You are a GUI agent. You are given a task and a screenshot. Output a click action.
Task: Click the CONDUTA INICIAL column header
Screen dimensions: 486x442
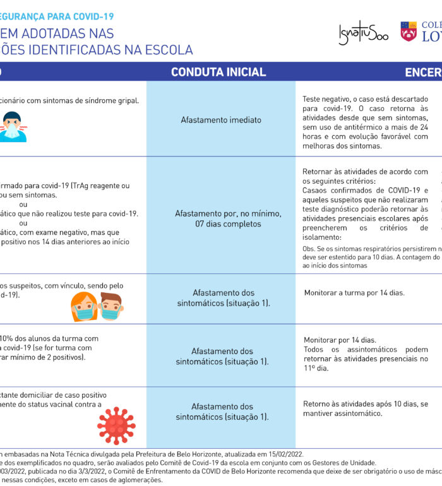point(218,72)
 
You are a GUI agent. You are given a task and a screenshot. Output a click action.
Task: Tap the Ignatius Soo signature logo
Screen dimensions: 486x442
point(363,32)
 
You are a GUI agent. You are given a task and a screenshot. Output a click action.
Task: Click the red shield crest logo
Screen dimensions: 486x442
point(409,32)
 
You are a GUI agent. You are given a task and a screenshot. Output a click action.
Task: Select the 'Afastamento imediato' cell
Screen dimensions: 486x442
point(220,119)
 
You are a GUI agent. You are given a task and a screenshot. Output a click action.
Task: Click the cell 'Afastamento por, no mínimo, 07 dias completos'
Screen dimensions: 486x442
point(220,218)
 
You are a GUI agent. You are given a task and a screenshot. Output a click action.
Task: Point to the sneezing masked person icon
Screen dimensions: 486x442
point(12,126)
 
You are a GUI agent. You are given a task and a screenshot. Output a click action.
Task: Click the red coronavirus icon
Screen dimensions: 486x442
point(116,425)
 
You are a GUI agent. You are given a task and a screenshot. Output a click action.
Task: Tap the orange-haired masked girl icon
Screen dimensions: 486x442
point(84,307)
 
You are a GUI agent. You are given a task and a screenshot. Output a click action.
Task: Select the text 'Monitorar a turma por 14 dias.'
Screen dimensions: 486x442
point(354,293)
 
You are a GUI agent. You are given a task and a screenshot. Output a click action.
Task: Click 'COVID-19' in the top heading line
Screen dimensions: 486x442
point(93,16)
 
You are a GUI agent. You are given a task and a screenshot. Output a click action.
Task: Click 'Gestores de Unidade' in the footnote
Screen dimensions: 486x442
point(340,463)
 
